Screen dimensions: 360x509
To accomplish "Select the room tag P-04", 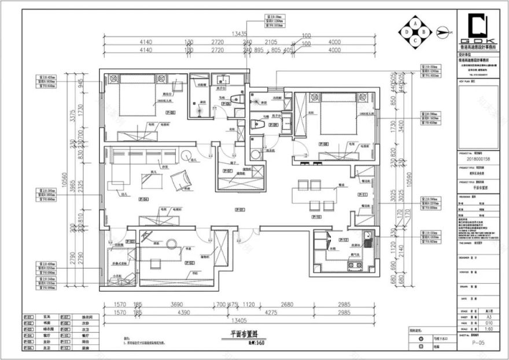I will [144, 199].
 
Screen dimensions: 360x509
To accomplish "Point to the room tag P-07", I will [227, 172].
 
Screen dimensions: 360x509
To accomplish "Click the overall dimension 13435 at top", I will [240, 34].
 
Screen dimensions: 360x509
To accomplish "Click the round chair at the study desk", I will [171, 244].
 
